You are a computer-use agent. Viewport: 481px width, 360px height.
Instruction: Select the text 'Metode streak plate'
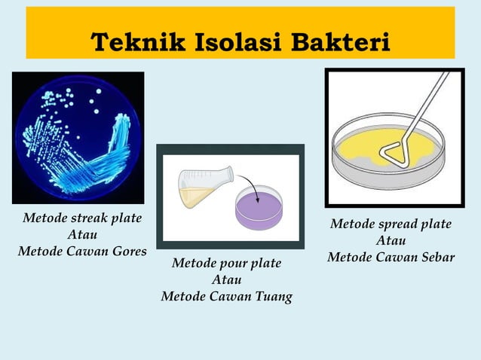(82, 219)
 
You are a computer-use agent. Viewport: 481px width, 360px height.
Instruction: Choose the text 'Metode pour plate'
(226, 264)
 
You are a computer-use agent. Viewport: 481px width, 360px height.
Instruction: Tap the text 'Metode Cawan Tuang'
(226, 296)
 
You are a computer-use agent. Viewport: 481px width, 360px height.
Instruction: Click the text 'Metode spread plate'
(391, 224)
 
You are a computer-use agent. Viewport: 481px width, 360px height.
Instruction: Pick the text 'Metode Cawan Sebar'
(391, 257)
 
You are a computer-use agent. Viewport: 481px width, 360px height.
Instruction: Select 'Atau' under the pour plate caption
(226, 279)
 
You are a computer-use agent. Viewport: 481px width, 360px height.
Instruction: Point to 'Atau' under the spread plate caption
(391, 241)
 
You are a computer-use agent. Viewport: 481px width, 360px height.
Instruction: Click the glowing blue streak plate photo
(78, 137)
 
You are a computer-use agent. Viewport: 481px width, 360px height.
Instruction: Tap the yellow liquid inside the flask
(195, 197)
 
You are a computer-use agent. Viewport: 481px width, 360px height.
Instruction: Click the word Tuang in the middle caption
(271, 296)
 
